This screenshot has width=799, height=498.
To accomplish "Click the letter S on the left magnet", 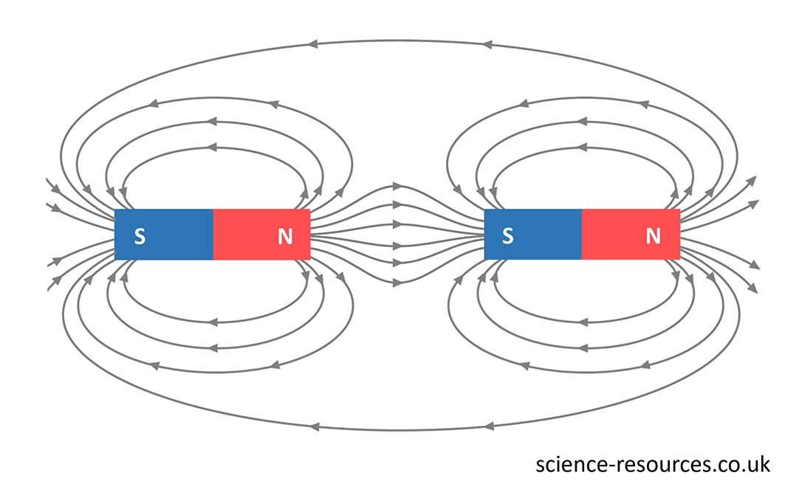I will coord(139,236).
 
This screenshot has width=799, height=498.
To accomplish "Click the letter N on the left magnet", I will coord(285,236).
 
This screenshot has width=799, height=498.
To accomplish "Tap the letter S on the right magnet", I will coord(507,236).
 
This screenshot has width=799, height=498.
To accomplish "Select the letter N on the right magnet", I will coord(653,236).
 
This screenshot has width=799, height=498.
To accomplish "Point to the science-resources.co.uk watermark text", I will coord(653,465).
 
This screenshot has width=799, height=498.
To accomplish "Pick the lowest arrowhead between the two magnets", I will coord(397,282).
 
